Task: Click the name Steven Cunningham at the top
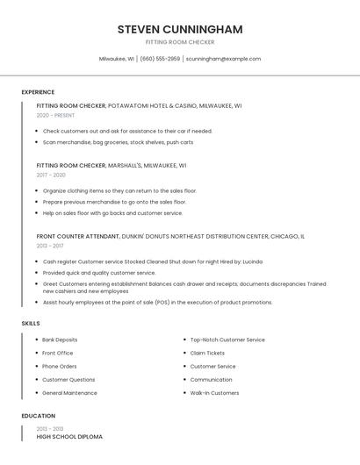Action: pyautogui.click(x=180, y=29)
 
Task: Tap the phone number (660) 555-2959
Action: pyautogui.click(x=160, y=59)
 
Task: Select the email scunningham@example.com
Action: pyautogui.click(x=223, y=59)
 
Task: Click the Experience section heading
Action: pyautogui.click(x=38, y=92)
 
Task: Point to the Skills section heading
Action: pyautogui.click(x=31, y=324)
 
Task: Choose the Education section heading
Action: pyautogui.click(x=39, y=416)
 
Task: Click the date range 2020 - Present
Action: pyautogui.click(x=55, y=115)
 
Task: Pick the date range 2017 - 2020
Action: pyautogui.click(x=51, y=175)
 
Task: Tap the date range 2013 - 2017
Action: pyautogui.click(x=50, y=246)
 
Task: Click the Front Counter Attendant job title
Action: pyautogui.click(x=78, y=236)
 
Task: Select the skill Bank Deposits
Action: pyautogui.click(x=60, y=340)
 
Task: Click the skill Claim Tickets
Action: pyautogui.click(x=207, y=353)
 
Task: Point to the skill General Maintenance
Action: pyautogui.click(x=69, y=393)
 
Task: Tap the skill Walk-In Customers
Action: pyautogui.click(x=214, y=393)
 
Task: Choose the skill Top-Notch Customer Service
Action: pyautogui.click(x=227, y=340)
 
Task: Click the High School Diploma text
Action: pyautogui.click(x=69, y=436)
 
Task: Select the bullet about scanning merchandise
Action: pyautogui.click(x=118, y=142)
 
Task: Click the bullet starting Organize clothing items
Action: pyautogui.click(x=119, y=190)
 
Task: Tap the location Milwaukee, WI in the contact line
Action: pyautogui.click(x=116, y=59)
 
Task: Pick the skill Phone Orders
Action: pyautogui.click(x=60, y=366)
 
